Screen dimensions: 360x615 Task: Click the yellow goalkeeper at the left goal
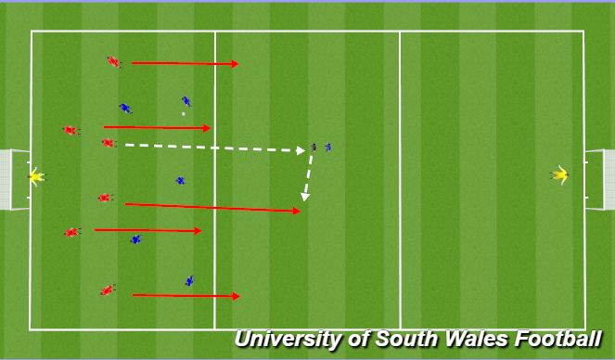click(x=35, y=175)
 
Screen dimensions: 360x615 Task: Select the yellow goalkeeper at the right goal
click(x=559, y=174)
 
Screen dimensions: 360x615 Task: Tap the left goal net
click(x=13, y=179)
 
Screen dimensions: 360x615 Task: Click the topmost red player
click(x=113, y=62)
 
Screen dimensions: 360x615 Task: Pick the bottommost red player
click(x=108, y=290)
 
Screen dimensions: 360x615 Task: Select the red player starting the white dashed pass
click(x=108, y=143)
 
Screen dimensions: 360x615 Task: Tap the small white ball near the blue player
click(x=183, y=114)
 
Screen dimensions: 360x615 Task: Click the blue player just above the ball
click(x=186, y=101)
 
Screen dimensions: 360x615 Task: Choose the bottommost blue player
click(x=189, y=280)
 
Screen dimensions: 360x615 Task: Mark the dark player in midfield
click(x=314, y=147)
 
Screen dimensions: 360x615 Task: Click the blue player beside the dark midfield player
click(x=327, y=147)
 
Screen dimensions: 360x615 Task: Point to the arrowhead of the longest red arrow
click(x=297, y=212)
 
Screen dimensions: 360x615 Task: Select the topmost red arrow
click(x=185, y=64)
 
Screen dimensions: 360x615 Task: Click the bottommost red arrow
click(x=186, y=296)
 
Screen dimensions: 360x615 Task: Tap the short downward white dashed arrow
click(x=308, y=177)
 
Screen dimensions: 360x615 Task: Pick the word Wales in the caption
click(x=468, y=340)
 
